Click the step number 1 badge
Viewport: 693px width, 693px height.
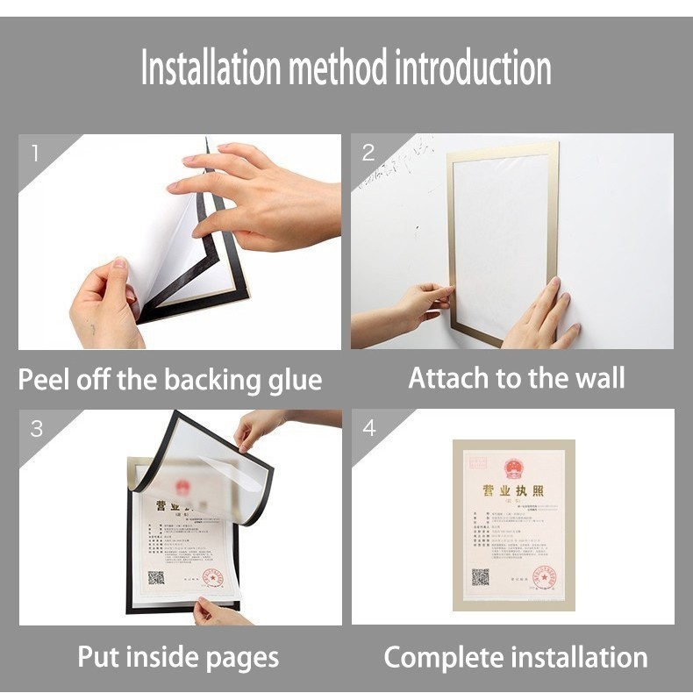coord(35,154)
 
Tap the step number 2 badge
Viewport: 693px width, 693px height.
coord(368,153)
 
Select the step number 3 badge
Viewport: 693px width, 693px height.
coord(36,429)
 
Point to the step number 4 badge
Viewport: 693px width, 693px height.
coord(369,428)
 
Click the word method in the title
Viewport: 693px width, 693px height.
coord(338,68)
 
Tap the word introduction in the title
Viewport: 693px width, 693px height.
coord(472,68)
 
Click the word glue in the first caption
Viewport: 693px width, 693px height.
coord(294,382)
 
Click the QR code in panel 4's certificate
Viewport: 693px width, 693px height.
coord(480,577)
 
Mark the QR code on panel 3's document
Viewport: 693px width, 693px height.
coord(156,577)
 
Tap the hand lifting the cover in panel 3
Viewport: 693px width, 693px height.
coord(261,427)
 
